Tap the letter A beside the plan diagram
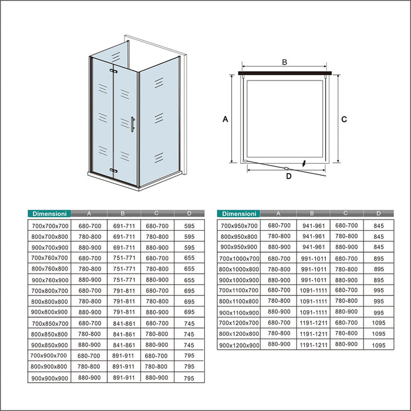tap(225, 119)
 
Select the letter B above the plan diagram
tap(284, 62)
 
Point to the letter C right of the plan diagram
tap(345, 119)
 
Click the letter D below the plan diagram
tap(288, 175)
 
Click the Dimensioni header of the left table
tap(49, 214)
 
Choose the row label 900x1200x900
tap(240, 345)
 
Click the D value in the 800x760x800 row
tap(188, 269)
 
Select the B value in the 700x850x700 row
tap(123, 324)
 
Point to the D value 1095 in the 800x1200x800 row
tap(379, 333)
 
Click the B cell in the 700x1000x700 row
tap(313, 258)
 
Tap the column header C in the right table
tap(346, 214)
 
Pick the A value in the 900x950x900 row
tap(279, 247)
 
